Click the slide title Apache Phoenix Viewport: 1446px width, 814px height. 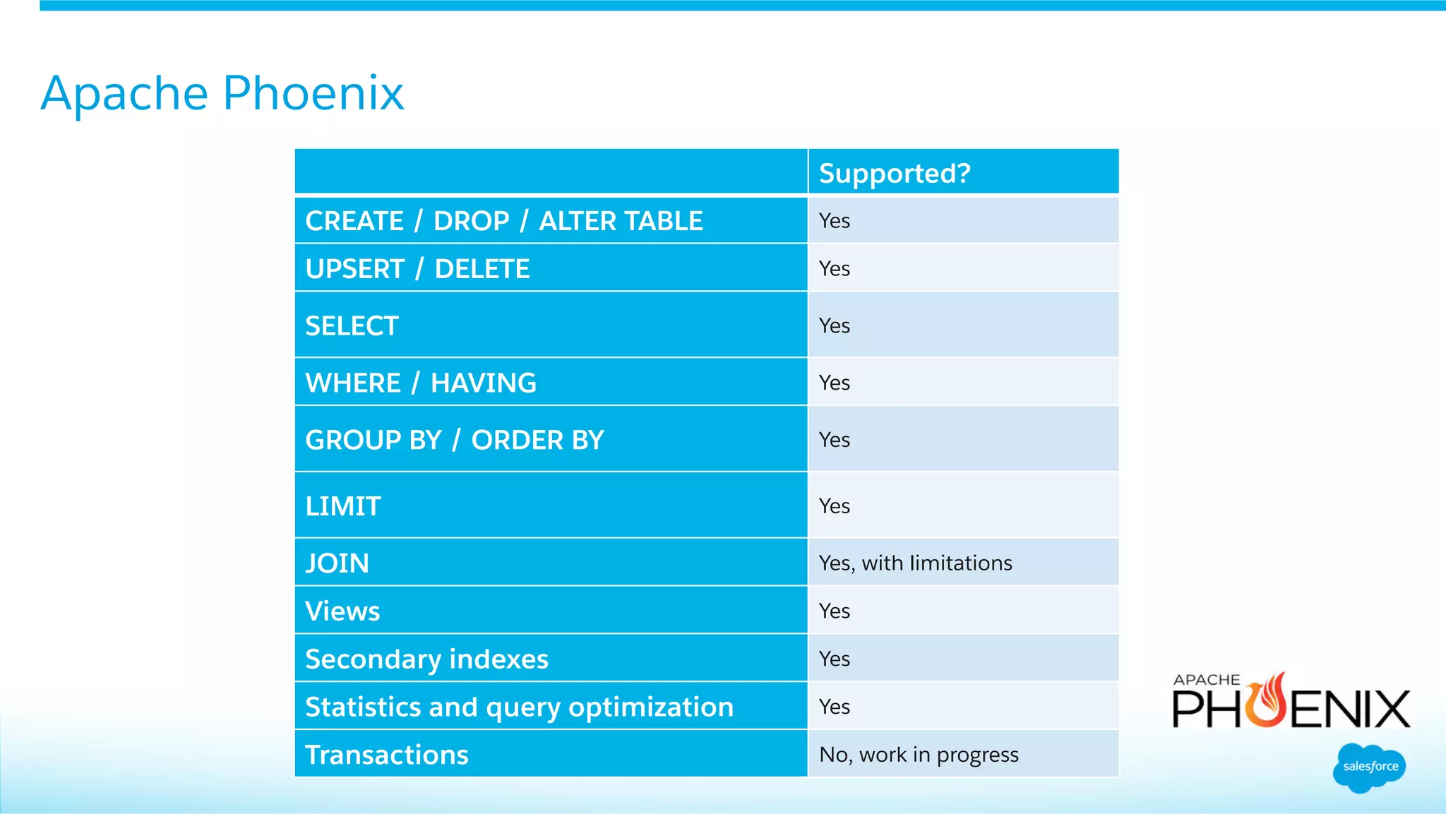pos(222,93)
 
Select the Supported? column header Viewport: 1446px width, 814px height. pos(895,174)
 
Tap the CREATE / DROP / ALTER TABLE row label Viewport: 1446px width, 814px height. pos(504,221)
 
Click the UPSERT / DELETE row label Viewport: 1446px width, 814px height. pos(417,269)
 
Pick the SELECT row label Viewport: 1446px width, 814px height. pos(352,326)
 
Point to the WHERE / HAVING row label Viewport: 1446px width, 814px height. pos(421,383)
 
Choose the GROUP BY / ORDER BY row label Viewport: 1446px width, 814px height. pos(455,441)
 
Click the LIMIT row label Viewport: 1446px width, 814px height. pos(343,506)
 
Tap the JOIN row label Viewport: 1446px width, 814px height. pos(337,563)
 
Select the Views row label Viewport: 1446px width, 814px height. pos(342,611)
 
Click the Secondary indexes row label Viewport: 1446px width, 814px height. pos(426,659)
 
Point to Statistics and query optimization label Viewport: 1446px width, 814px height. pos(519,707)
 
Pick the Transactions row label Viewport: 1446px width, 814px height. pos(386,755)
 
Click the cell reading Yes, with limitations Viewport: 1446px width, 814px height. pos(915,563)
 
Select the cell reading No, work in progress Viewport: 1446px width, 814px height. pos(919,755)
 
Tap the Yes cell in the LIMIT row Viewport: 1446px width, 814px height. pos(834,506)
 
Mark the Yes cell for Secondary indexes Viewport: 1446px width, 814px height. pos(834,659)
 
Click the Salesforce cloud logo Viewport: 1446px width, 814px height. pos(1369,767)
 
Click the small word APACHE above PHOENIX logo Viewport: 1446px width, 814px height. pos(1206,680)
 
